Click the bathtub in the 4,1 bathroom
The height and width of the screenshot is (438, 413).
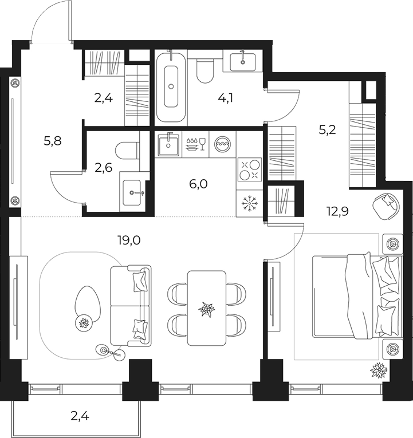[171, 86]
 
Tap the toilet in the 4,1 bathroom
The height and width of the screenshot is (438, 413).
[205, 70]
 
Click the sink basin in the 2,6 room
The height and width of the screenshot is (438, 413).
[132, 193]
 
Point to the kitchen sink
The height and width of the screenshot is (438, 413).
[168, 144]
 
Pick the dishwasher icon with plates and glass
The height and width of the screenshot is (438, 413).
[195, 144]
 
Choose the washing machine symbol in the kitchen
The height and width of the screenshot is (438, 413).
[222, 144]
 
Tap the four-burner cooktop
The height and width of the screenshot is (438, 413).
[250, 171]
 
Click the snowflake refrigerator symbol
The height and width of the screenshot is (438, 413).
[250, 204]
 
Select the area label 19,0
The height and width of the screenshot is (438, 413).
[129, 240]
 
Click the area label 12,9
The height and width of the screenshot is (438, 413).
[337, 211]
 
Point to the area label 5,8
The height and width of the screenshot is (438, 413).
[52, 141]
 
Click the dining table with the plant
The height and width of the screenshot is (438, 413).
[206, 308]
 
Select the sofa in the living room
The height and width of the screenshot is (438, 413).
[131, 306]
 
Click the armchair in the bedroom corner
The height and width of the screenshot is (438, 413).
[386, 206]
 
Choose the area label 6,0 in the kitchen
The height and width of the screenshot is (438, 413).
[198, 184]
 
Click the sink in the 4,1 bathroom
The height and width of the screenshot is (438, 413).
[242, 62]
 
